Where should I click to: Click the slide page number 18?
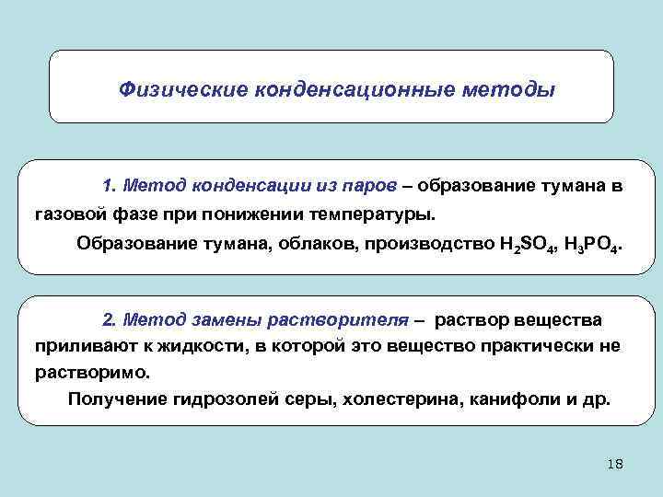tap(616, 464)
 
